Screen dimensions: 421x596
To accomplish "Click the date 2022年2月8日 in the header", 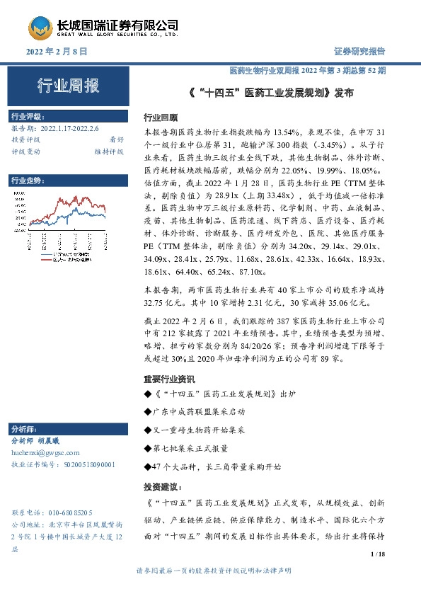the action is coord(56,52).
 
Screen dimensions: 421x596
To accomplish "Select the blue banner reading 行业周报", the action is coord(68,86).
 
